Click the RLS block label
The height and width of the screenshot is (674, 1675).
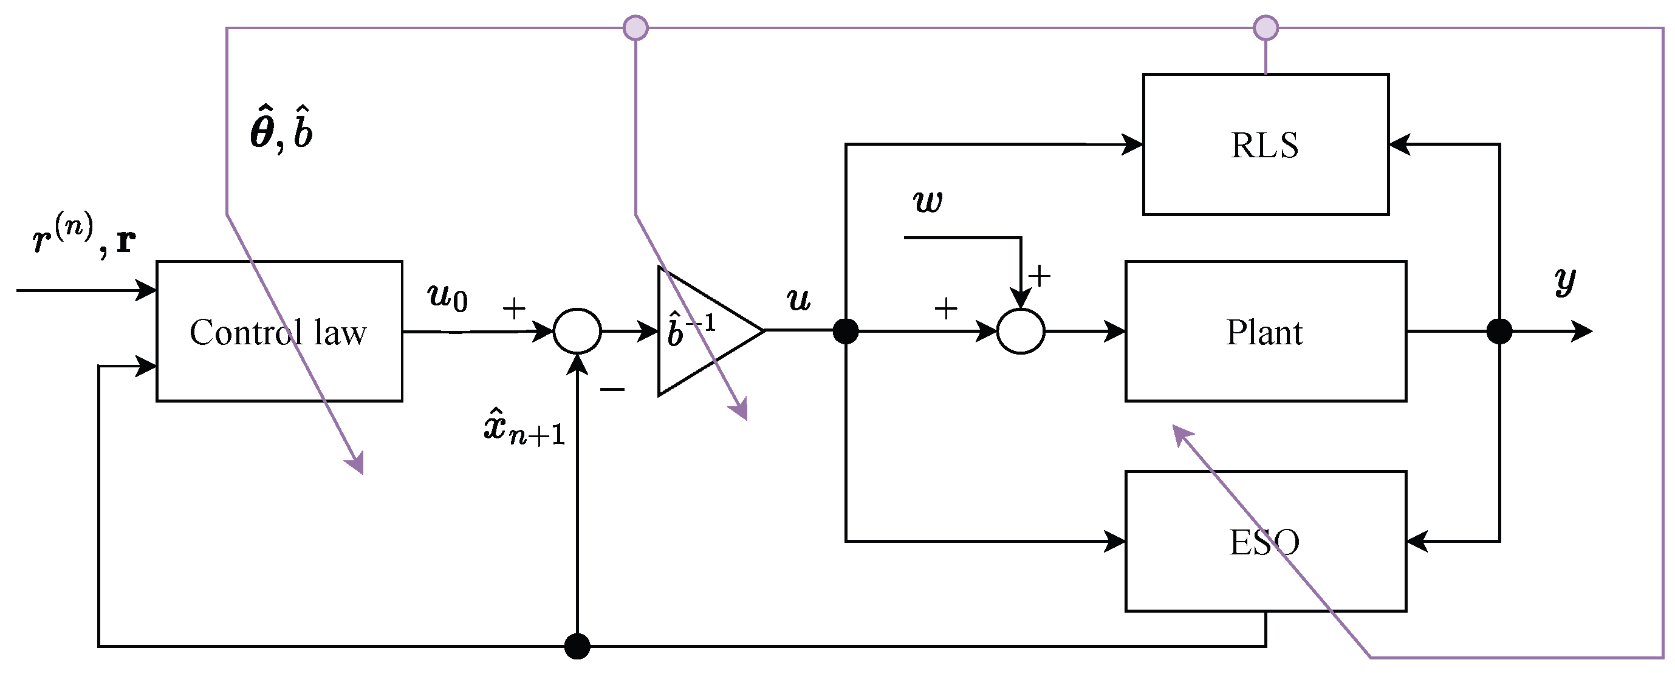coord(1264,145)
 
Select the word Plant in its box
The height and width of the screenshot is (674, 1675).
coord(1264,332)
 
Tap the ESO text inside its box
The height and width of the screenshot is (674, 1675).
coord(1264,542)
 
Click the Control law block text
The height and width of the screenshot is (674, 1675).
coord(278,332)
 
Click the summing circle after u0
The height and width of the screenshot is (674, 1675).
coord(577,331)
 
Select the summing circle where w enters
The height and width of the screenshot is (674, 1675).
coord(1021,332)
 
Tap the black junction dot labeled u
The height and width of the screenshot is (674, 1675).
coord(845,332)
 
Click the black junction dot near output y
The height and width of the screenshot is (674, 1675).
coord(1499,332)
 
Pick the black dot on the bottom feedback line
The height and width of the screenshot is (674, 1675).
coord(577,646)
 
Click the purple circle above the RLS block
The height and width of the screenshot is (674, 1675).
coord(1266,28)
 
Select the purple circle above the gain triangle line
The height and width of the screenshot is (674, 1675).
coord(635,28)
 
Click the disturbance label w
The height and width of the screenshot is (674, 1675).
coord(928,202)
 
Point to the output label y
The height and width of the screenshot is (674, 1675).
coord(1566,281)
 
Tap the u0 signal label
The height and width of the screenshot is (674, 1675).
coord(447,296)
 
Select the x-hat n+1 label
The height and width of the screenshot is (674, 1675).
coord(524,427)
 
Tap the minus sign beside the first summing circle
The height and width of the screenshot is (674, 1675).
coord(612,389)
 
